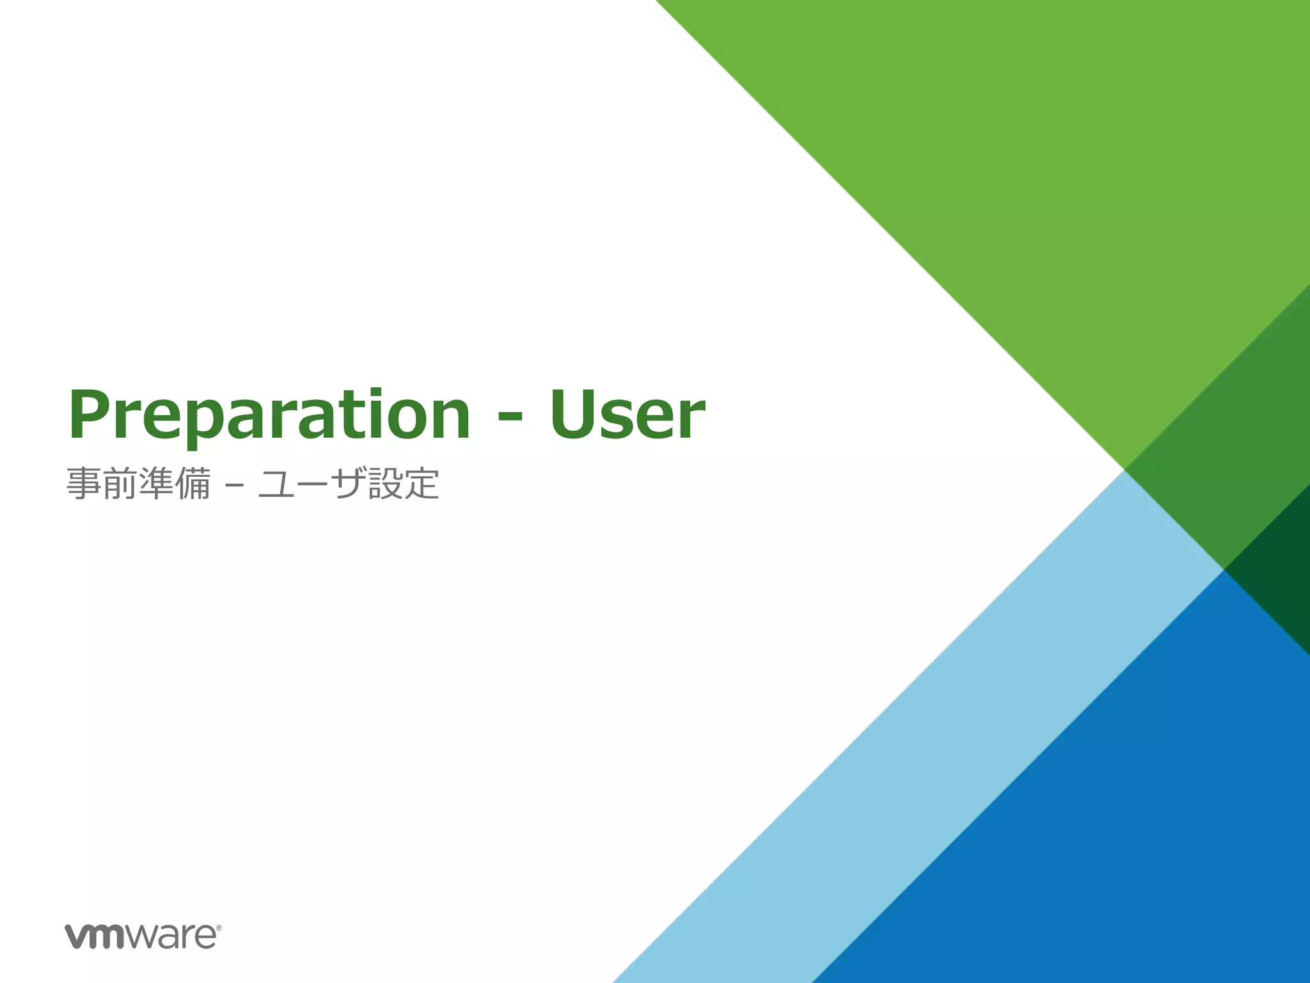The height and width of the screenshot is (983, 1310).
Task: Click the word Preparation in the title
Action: tap(269, 416)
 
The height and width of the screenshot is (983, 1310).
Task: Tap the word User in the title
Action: tap(627, 416)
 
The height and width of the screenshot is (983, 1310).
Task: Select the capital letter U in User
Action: tap(571, 414)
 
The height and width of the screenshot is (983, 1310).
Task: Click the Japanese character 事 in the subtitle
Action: tap(84, 483)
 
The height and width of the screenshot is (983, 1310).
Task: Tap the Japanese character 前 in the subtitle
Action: tap(120, 483)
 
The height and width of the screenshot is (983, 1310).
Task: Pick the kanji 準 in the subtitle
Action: tap(156, 483)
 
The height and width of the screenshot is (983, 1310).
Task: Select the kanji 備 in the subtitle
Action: tap(193, 483)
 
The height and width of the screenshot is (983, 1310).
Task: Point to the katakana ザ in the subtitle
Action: tap(349, 483)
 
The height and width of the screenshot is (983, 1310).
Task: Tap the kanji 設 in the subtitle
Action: tap(385, 483)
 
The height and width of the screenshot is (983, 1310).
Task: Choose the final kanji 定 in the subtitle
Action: tap(422, 483)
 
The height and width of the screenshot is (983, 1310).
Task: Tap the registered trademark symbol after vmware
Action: tap(219, 927)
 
